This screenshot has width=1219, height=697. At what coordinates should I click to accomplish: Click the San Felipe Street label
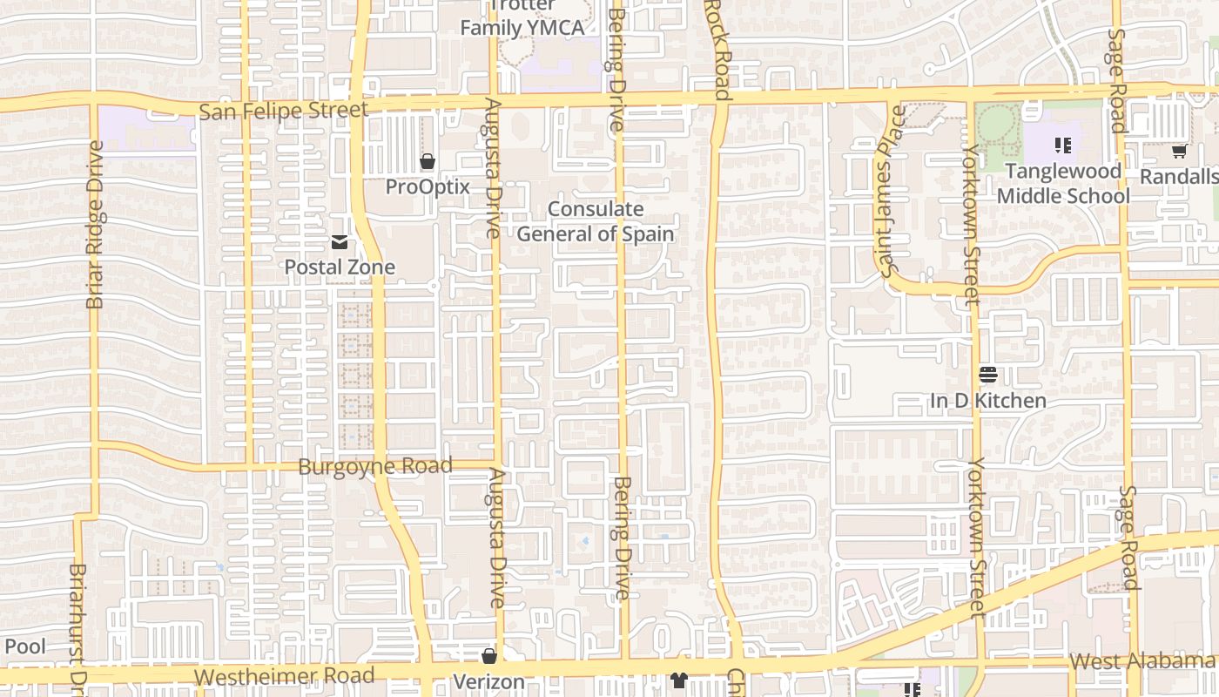click(x=284, y=111)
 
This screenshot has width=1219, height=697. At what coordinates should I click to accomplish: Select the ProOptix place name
click(x=428, y=186)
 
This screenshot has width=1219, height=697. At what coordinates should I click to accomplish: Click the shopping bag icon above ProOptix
click(x=428, y=161)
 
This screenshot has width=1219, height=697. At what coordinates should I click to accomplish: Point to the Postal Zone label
click(x=340, y=267)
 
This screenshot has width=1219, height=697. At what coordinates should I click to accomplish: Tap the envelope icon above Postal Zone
click(x=340, y=242)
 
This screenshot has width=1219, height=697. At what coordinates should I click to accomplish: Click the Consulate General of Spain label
click(x=596, y=221)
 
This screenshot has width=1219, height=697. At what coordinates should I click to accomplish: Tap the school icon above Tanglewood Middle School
click(x=1062, y=145)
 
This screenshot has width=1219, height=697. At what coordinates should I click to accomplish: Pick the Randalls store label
click(x=1178, y=177)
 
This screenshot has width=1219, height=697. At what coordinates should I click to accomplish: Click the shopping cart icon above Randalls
click(x=1179, y=152)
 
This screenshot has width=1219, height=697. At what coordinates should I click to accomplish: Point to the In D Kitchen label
click(x=987, y=401)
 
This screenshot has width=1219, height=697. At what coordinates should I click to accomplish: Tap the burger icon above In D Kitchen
click(x=987, y=376)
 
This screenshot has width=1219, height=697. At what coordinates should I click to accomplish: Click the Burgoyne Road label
click(x=375, y=466)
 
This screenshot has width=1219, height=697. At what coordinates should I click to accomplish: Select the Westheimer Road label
click(x=284, y=676)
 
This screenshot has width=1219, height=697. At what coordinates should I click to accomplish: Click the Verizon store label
click(x=488, y=681)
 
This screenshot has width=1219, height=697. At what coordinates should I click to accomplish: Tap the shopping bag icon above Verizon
click(x=489, y=656)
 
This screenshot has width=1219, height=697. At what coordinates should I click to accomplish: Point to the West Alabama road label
click(x=1142, y=661)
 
